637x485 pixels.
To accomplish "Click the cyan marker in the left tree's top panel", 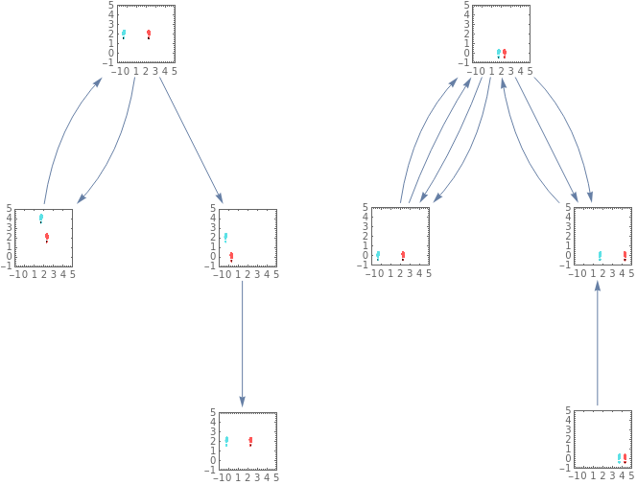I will tap(124, 34).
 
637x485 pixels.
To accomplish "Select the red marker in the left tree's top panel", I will tap(149, 34).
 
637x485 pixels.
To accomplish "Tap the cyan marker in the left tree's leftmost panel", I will tap(41, 218).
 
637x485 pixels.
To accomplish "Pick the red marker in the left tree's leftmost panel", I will tap(46, 237).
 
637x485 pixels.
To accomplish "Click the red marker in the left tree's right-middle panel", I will tap(231, 256).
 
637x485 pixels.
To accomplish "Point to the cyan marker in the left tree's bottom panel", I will tap(226, 441).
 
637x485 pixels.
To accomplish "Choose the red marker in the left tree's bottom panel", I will tap(250, 441).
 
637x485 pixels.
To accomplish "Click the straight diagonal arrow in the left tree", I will tap(190, 134).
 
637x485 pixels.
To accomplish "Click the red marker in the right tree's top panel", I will tap(504, 53).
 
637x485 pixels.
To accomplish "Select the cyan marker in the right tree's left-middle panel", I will tap(378, 256).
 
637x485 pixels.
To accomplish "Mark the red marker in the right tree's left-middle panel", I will tap(402, 256).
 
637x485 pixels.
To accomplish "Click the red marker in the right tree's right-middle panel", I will tap(625, 256).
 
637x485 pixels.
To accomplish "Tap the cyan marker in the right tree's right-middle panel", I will tap(601, 256).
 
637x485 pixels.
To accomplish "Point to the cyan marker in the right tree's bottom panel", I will tap(619, 457).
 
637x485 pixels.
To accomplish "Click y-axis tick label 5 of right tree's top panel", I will tap(466, 5).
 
